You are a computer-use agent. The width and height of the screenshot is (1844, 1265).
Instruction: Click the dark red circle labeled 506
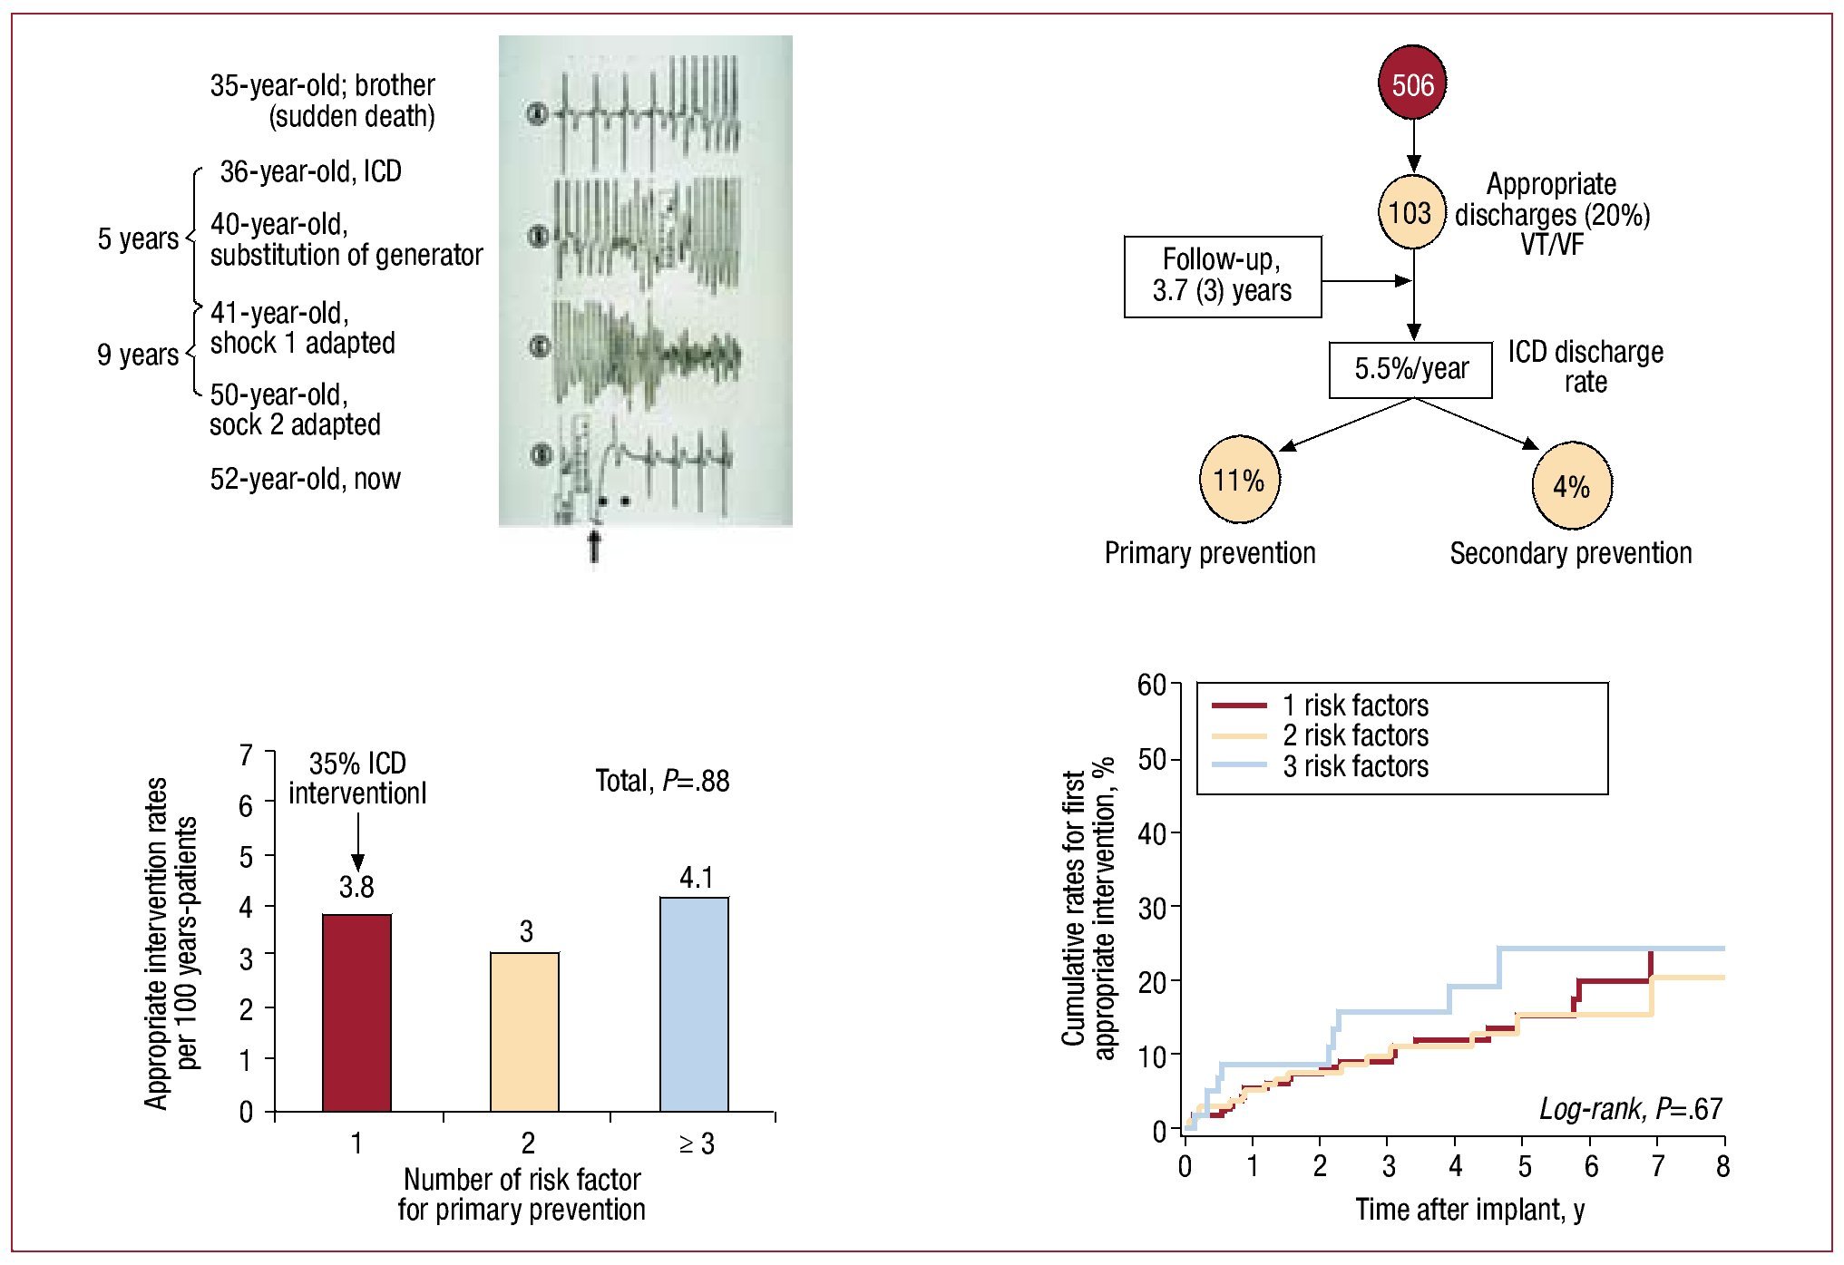point(1412,83)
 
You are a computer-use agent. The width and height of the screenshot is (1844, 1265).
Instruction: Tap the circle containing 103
point(1411,213)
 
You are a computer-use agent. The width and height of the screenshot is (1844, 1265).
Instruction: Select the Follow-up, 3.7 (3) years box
point(1222,277)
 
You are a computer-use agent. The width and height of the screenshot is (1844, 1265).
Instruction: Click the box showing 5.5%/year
point(1410,369)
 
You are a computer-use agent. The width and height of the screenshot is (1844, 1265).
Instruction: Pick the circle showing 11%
point(1239,480)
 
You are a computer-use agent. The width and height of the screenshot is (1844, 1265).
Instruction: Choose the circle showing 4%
point(1571,486)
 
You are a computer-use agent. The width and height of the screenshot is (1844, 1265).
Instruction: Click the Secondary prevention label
point(1570,553)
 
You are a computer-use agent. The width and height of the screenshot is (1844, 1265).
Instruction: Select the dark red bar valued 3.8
point(356,1012)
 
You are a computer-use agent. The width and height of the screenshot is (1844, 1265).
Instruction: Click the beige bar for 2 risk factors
point(524,1031)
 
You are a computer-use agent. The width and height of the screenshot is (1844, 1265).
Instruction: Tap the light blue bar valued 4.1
point(694,1004)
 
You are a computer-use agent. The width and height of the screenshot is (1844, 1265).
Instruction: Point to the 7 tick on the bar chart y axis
point(246,754)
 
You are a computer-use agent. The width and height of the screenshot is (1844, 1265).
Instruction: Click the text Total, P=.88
point(662,781)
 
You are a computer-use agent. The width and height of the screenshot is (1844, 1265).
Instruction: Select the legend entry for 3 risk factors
point(1354,766)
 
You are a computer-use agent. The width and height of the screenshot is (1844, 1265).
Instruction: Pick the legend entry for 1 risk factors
point(1354,705)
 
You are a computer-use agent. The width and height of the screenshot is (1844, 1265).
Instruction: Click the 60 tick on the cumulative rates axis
point(1152,685)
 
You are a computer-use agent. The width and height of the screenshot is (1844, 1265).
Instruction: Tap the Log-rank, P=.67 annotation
point(1630,1108)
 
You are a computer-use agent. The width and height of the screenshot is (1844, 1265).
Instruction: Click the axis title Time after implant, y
point(1469,1210)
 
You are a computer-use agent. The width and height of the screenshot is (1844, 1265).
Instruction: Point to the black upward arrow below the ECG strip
point(594,548)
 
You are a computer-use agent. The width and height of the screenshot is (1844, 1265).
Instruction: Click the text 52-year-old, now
point(305,479)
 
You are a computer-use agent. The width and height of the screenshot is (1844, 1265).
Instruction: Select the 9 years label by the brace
point(138,354)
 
